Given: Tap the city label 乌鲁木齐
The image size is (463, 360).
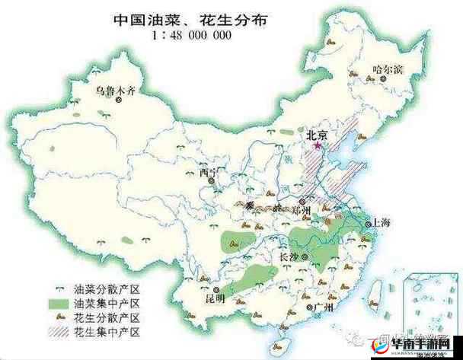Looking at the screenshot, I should click(115, 91).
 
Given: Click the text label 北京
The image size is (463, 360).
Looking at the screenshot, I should click(317, 133).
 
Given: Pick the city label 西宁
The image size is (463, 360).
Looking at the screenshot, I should click(208, 172).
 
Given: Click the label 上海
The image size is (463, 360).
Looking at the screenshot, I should click(380, 223).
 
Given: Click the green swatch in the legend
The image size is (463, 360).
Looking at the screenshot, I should click(61, 304).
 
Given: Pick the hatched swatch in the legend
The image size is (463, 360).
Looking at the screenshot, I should click(61, 332).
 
